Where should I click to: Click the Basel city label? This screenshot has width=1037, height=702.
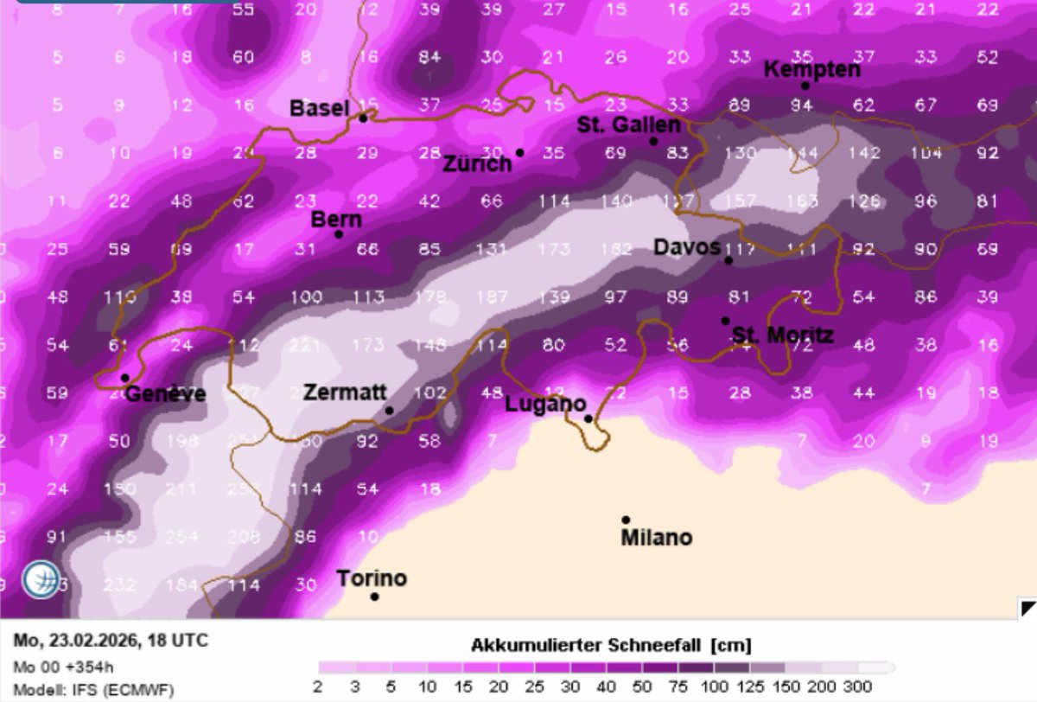pyautogui.click(x=319, y=108)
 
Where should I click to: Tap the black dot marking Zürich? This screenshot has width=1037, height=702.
pyautogui.click(x=520, y=153)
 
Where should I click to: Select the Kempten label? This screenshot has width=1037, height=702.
pyautogui.click(x=812, y=69)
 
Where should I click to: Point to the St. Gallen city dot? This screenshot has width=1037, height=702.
pyautogui.click(x=653, y=141)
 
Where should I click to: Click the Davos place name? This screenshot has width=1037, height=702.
pyautogui.click(x=686, y=247)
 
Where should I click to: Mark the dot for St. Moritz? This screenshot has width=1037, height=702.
pyautogui.click(x=726, y=321)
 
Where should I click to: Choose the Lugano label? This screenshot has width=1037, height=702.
pyautogui.click(x=545, y=404)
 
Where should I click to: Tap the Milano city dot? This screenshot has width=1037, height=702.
pyautogui.click(x=626, y=520)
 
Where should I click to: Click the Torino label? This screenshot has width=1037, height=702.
pyautogui.click(x=372, y=578)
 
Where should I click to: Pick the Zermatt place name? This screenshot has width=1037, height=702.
pyautogui.click(x=345, y=392)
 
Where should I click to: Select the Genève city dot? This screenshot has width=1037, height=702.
pyautogui.click(x=125, y=378)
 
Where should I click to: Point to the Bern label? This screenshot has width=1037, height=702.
pyautogui.click(x=336, y=220)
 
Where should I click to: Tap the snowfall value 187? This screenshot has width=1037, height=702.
pyautogui.click(x=493, y=297)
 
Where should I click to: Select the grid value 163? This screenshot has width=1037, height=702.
pyautogui.click(x=804, y=202)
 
